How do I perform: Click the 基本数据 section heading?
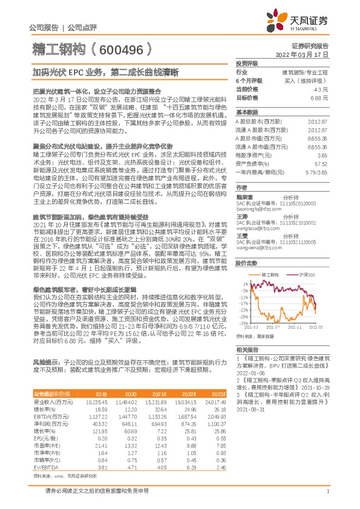click(247, 112)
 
